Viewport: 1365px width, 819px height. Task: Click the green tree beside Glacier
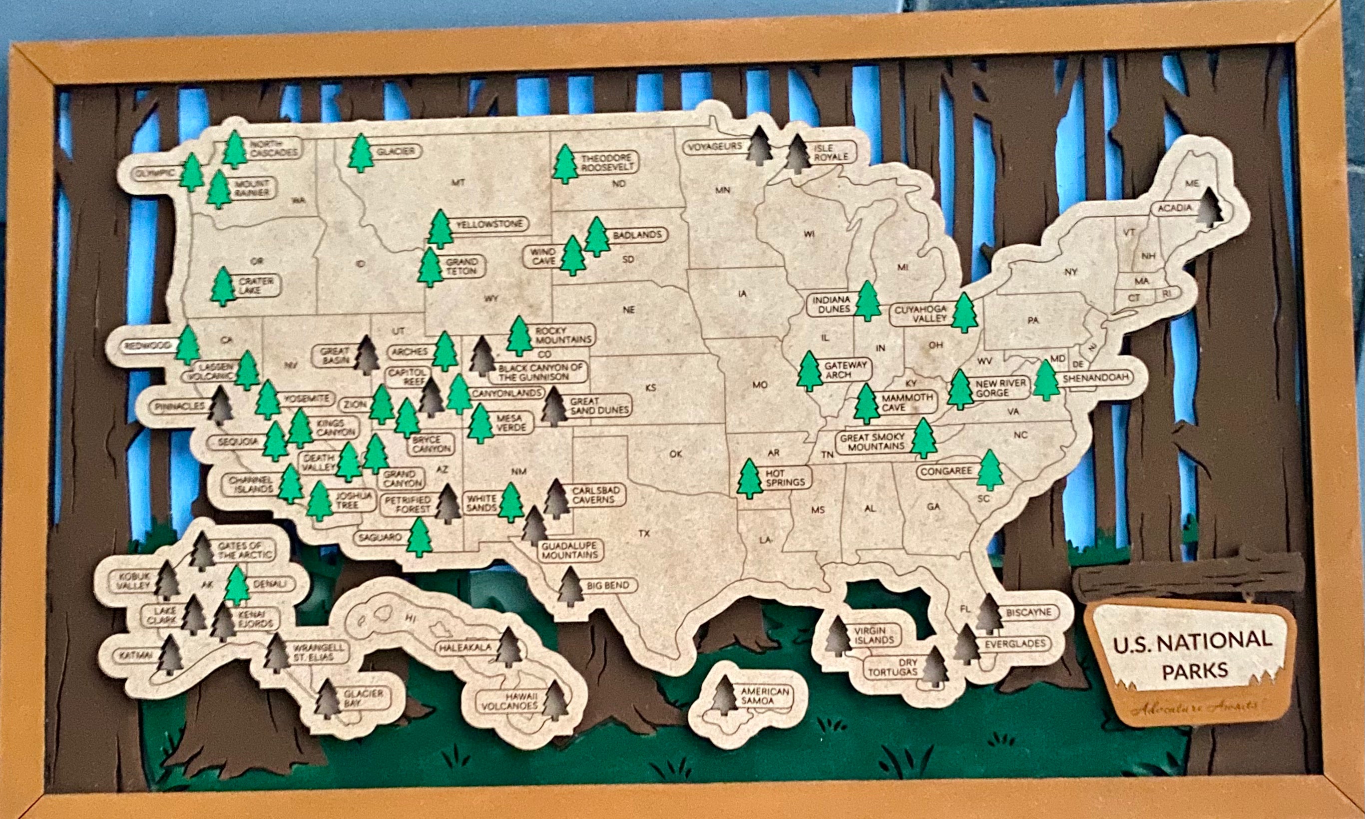[x=362, y=153]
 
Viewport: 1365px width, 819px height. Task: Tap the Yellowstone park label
[x=489, y=225]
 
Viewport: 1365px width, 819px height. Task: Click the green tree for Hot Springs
[x=750, y=478]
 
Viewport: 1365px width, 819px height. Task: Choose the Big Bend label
[x=607, y=585]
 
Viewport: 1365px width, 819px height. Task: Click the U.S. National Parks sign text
[x=1192, y=655]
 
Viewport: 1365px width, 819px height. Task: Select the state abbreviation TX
[x=644, y=534]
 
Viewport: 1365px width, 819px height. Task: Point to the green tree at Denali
[x=237, y=586]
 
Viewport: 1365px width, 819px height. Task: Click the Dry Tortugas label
[x=893, y=667]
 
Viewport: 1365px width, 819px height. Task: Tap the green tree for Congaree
[x=990, y=470]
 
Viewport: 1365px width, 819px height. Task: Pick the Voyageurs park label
[x=715, y=147]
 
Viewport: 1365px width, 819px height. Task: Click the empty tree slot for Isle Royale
[x=798, y=154]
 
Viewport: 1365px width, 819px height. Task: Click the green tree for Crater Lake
[x=223, y=287]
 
